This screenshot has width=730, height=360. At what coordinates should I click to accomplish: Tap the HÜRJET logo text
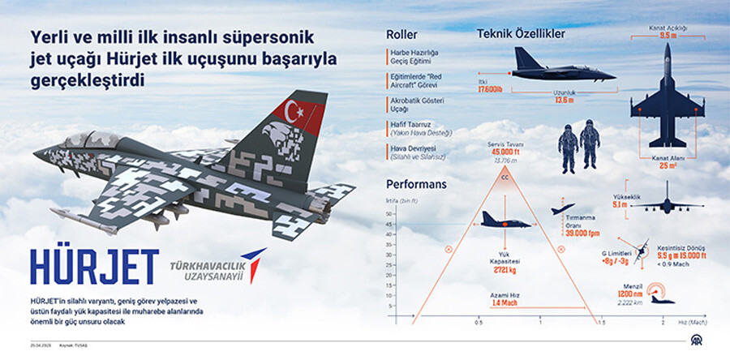pos(94,268)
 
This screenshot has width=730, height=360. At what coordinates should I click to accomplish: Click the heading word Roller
pos(401,36)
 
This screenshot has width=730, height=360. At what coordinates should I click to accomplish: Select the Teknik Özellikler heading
pos(521,35)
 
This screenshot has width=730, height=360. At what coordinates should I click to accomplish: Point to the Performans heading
pos(416,185)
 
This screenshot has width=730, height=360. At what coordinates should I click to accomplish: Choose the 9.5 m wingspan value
pos(668,36)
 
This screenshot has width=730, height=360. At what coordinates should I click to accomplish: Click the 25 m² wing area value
pos(668,165)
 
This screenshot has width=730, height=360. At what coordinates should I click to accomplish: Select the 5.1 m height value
pos(619,205)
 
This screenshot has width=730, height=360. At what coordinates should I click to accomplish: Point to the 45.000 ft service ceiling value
pos(505,152)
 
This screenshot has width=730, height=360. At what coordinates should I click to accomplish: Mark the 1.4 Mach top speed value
pos(506,302)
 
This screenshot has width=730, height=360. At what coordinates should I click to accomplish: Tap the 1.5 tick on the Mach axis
pos(601,323)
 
